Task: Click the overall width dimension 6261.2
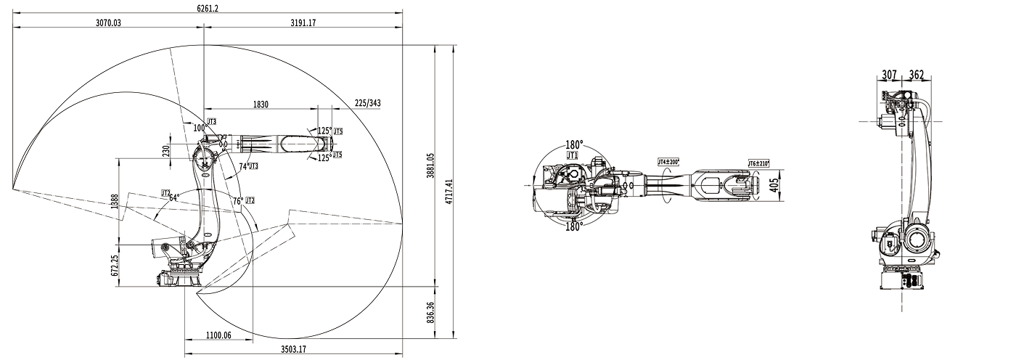[208, 8]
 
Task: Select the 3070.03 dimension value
[108, 22]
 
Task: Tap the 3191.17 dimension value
[303, 22]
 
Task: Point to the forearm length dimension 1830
[261, 105]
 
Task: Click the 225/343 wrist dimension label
[368, 103]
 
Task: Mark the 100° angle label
[200, 128]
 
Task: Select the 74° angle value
[244, 166]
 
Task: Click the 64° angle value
[173, 197]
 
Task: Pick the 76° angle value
[237, 200]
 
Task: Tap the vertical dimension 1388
[115, 200]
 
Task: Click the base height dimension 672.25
[115, 265]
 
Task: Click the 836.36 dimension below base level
[430, 313]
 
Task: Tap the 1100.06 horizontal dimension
[218, 335]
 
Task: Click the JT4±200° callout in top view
[668, 163]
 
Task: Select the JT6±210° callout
[758, 164]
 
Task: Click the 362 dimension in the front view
[916, 75]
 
